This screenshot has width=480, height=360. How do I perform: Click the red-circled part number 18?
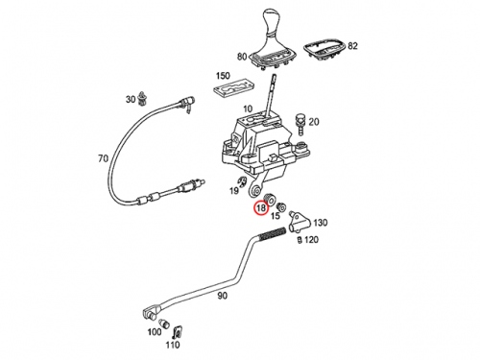click(261, 208)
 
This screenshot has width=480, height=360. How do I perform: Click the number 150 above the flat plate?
click(223, 76)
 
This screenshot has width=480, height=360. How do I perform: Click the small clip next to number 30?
click(140, 98)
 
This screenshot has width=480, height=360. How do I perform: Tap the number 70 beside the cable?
click(103, 158)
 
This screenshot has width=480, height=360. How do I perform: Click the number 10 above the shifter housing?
click(248, 108)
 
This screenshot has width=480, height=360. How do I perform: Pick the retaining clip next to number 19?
click(245, 181)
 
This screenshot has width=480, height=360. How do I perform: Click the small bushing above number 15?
click(281, 207)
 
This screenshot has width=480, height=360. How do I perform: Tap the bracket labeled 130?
click(300, 221)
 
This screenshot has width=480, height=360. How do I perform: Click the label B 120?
click(308, 239)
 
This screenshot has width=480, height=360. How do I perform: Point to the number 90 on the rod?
click(223, 296)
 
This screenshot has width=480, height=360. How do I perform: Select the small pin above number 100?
click(164, 323)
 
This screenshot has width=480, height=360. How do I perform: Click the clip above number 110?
click(178, 332)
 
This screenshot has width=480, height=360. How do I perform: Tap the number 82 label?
click(352, 46)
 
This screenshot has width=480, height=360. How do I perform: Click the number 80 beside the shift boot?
click(242, 57)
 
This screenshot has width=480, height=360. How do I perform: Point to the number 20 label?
click(314, 122)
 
